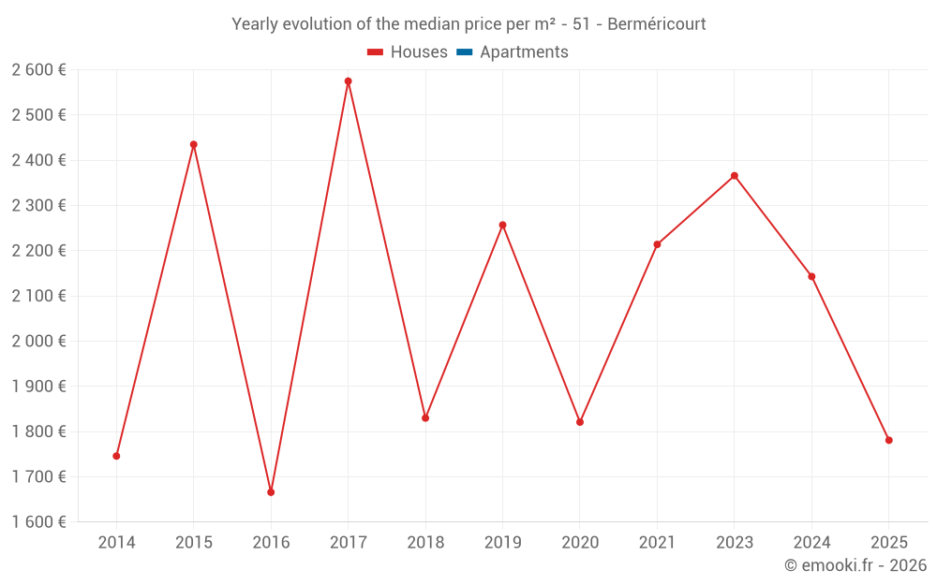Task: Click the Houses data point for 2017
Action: tap(348, 81)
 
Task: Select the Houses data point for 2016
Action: tap(271, 492)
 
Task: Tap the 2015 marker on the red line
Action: tap(194, 144)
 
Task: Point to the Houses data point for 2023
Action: tap(735, 176)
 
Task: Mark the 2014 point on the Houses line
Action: tap(116, 456)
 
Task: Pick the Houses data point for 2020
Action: tap(580, 422)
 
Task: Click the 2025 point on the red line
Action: tap(889, 440)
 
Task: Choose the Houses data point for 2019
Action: tap(502, 225)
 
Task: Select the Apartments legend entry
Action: tap(524, 52)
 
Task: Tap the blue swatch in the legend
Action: tap(464, 52)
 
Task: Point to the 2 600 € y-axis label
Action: tap(39, 70)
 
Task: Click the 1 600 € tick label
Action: tap(39, 522)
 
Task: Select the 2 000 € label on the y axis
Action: tap(39, 342)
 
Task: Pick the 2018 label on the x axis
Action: tap(425, 543)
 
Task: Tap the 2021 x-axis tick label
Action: tap(657, 543)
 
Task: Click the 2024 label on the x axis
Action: tap(811, 543)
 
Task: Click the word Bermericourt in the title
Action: tap(656, 24)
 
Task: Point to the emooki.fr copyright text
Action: tap(855, 565)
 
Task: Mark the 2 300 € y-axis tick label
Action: tap(39, 206)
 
